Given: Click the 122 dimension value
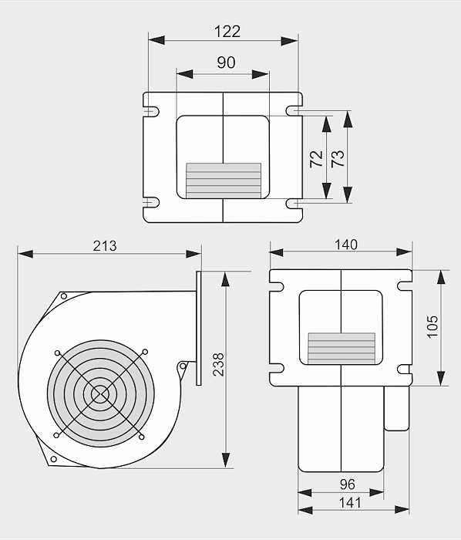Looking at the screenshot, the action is click(227, 32).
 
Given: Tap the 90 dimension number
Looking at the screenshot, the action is click(226, 62).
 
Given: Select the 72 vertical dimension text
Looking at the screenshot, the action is click(316, 159).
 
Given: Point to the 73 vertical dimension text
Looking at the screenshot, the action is click(338, 158).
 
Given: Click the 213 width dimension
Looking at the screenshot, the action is click(105, 246).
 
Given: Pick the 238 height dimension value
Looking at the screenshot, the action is click(218, 364).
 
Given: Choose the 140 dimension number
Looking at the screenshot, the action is click(346, 245).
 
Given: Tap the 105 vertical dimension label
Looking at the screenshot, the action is click(432, 327).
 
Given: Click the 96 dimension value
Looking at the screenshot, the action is click(347, 484).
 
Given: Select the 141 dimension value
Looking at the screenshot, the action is click(350, 503).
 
